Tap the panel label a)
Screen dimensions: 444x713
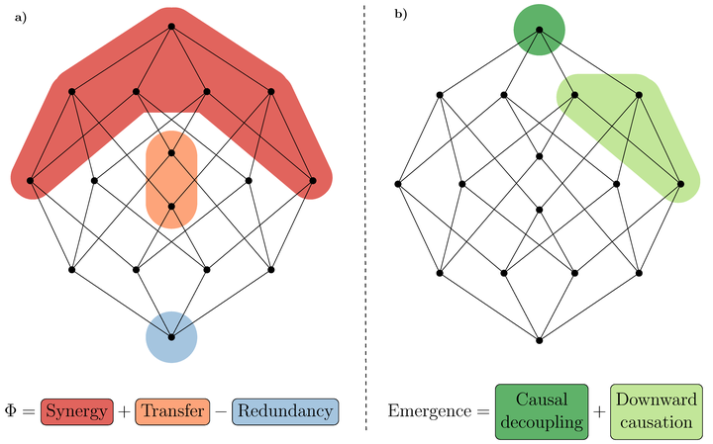pyautogui.click(x=19, y=17)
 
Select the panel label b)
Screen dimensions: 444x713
pyautogui.click(x=400, y=15)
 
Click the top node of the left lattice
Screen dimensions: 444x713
pyautogui.click(x=171, y=26)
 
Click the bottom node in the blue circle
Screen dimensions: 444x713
pyautogui.click(x=171, y=337)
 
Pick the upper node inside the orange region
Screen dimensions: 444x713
pyautogui.click(x=171, y=153)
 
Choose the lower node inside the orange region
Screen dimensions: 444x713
pyautogui.click(x=171, y=207)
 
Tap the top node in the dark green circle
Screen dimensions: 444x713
pyautogui.click(x=539, y=29)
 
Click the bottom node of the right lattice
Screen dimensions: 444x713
pyautogui.click(x=539, y=340)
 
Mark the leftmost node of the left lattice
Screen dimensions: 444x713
pyautogui.click(x=31, y=181)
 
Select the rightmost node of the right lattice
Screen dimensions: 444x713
pyautogui.click(x=680, y=184)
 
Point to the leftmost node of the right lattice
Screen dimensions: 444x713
pyautogui.click(x=397, y=184)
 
